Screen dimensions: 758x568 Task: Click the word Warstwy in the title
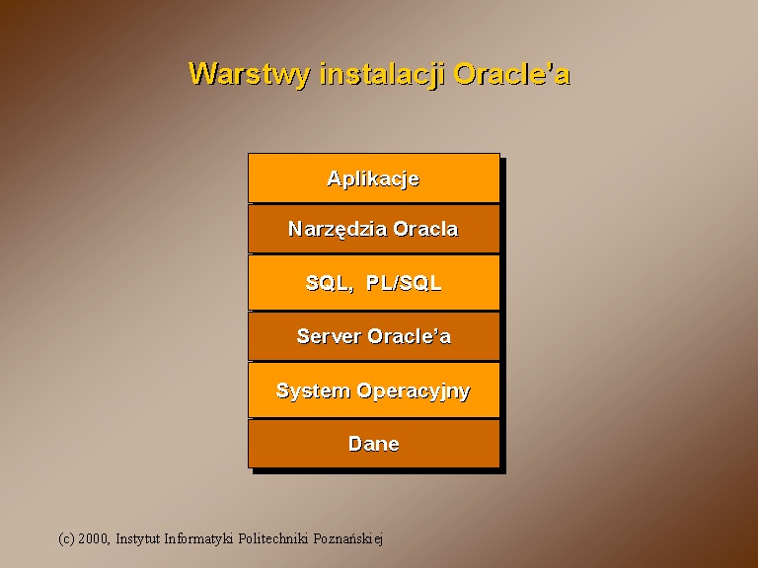249,75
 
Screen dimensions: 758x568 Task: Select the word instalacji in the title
381,75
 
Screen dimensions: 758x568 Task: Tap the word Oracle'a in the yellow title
512,74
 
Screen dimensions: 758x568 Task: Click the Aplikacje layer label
373,178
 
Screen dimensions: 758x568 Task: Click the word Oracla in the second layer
425,229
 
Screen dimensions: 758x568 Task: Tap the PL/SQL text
404,283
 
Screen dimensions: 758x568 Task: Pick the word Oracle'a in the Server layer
409,336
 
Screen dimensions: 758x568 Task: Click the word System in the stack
313,390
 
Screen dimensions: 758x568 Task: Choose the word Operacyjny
414,391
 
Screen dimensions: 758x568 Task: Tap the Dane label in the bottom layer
374,444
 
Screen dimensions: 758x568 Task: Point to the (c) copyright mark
66,538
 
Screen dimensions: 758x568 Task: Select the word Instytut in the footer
138,538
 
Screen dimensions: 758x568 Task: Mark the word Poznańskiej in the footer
348,538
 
